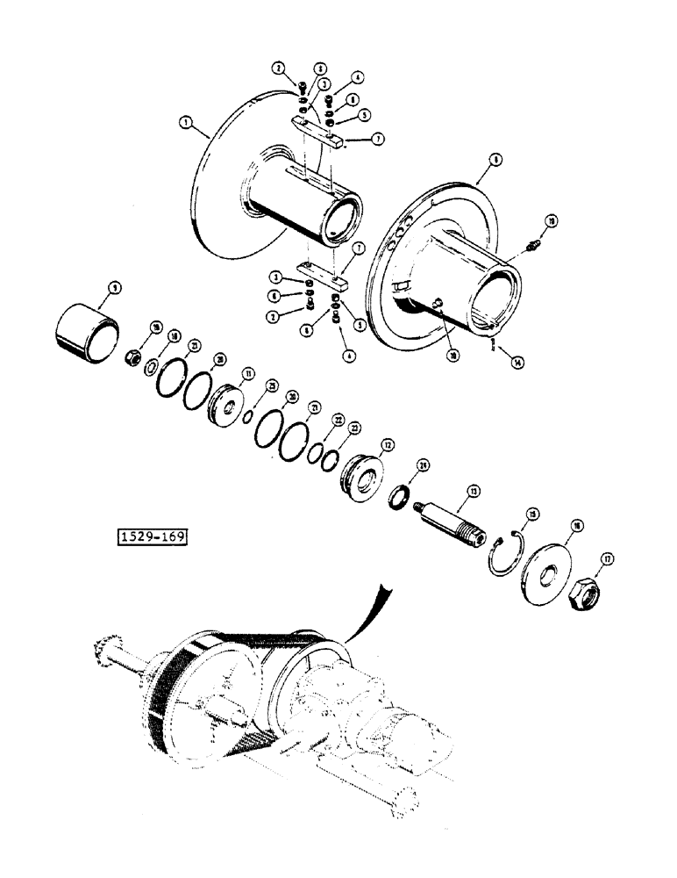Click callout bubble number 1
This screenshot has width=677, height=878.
184,124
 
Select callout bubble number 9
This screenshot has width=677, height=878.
114,287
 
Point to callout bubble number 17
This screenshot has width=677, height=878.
604,558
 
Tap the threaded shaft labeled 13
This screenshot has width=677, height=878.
454,523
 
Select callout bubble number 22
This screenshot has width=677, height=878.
338,420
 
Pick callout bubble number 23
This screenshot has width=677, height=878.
354,428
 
